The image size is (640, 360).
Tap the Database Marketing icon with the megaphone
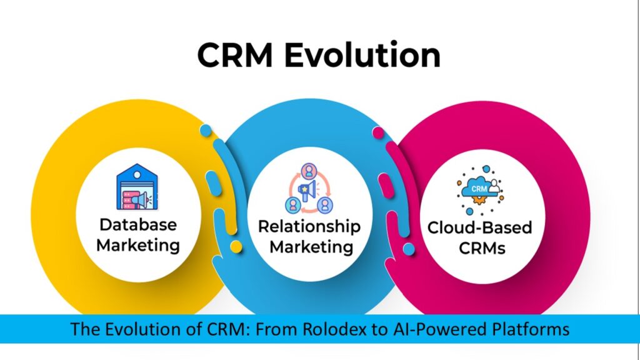point(138,188)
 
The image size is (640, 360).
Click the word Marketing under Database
point(137,245)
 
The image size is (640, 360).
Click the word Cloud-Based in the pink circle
point(479,227)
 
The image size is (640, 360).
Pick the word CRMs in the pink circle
point(479,248)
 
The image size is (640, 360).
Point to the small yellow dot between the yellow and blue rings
point(236,247)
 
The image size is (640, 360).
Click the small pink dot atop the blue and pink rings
point(377,132)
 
